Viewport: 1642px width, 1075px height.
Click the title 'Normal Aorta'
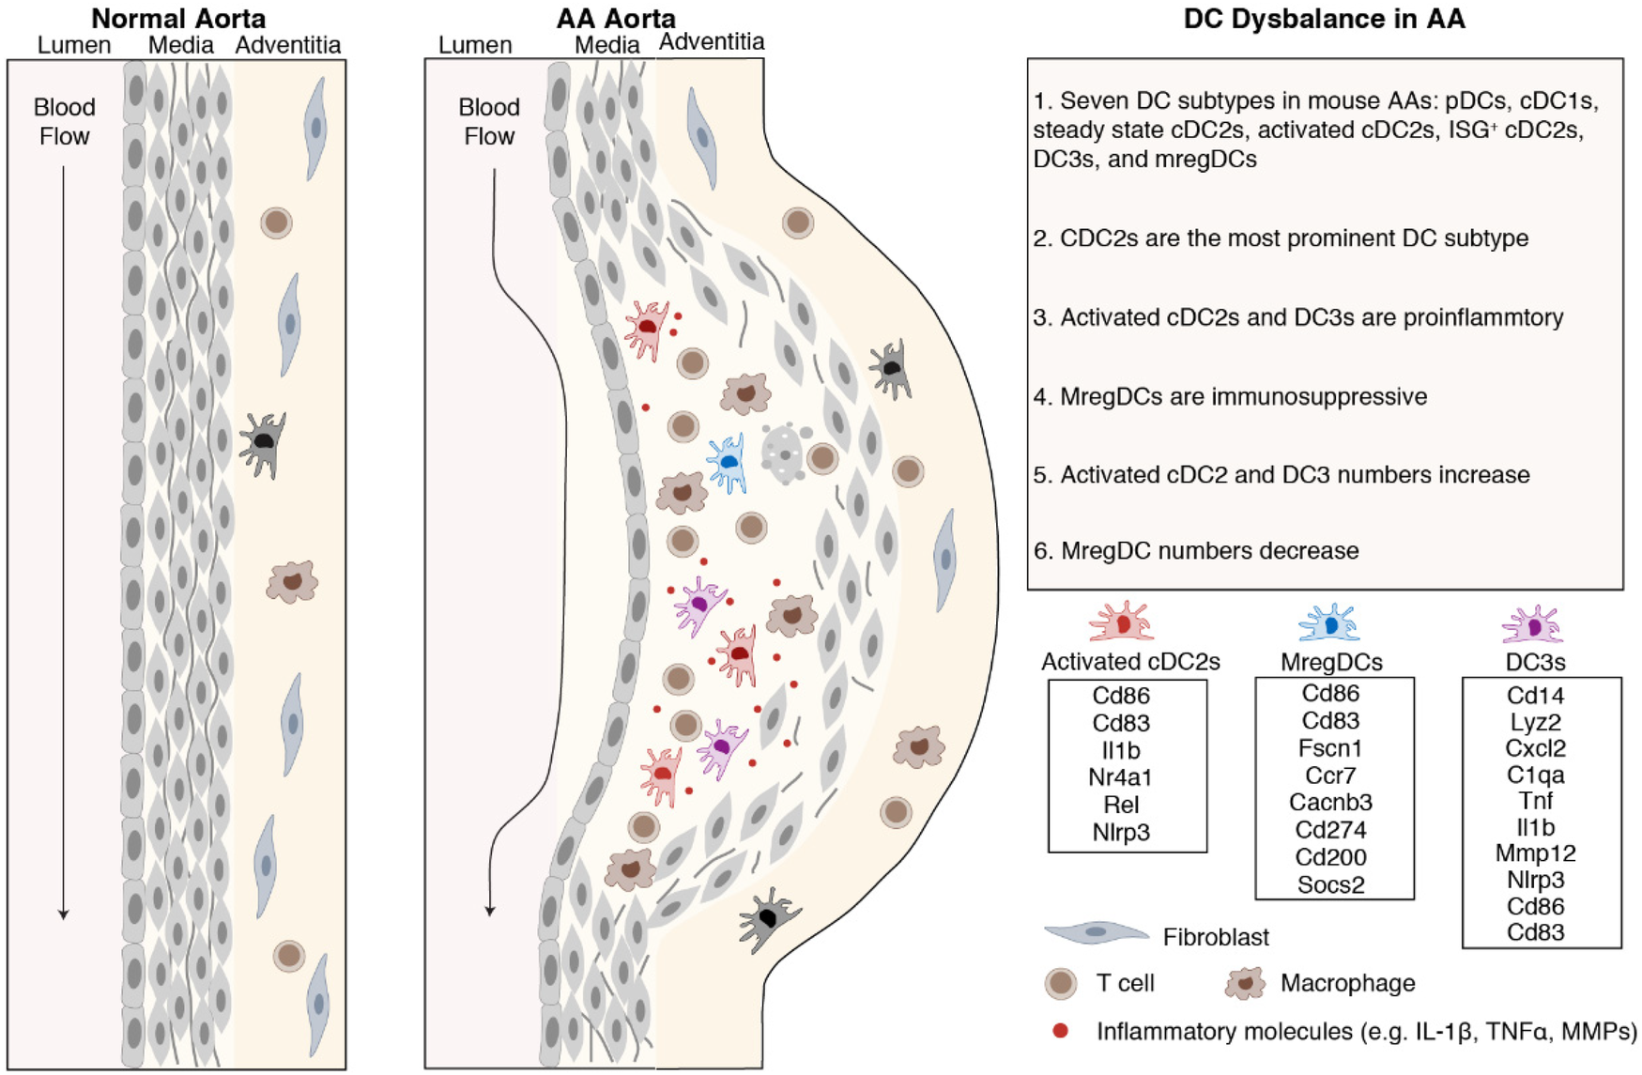pos(177,18)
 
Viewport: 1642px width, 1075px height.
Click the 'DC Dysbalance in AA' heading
pos(1324,18)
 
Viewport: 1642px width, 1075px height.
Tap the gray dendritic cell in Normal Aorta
pos(262,442)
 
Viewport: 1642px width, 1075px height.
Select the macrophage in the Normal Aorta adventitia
pos(292,582)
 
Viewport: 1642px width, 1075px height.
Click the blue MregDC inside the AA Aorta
pos(728,462)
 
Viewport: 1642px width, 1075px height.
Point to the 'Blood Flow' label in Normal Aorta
pos(64,121)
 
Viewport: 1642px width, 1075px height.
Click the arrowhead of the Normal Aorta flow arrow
pos(64,914)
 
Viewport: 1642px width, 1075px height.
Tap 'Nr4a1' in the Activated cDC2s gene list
pos(1120,777)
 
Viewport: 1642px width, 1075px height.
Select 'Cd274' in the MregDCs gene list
pos(1330,830)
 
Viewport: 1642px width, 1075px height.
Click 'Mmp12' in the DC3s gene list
pos(1535,853)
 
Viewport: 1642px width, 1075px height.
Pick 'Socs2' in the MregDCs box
pos(1330,884)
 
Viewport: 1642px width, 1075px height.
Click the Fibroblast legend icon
pos(1096,932)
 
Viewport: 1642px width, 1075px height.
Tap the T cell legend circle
pos(1061,983)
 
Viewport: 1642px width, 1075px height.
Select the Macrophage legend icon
pos(1245,983)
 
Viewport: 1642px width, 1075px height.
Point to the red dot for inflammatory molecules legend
pos(1061,1031)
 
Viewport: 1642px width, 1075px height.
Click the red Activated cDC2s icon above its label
pos(1121,623)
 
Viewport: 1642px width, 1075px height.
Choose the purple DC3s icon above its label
pos(1532,624)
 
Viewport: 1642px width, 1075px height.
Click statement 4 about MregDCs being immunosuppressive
pos(1230,396)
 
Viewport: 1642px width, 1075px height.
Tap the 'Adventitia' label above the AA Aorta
pos(711,41)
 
